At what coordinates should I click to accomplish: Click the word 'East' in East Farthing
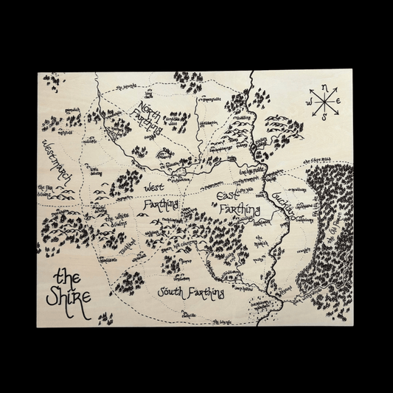234,197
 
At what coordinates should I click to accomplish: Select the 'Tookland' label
130,244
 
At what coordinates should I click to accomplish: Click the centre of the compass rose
324,102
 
